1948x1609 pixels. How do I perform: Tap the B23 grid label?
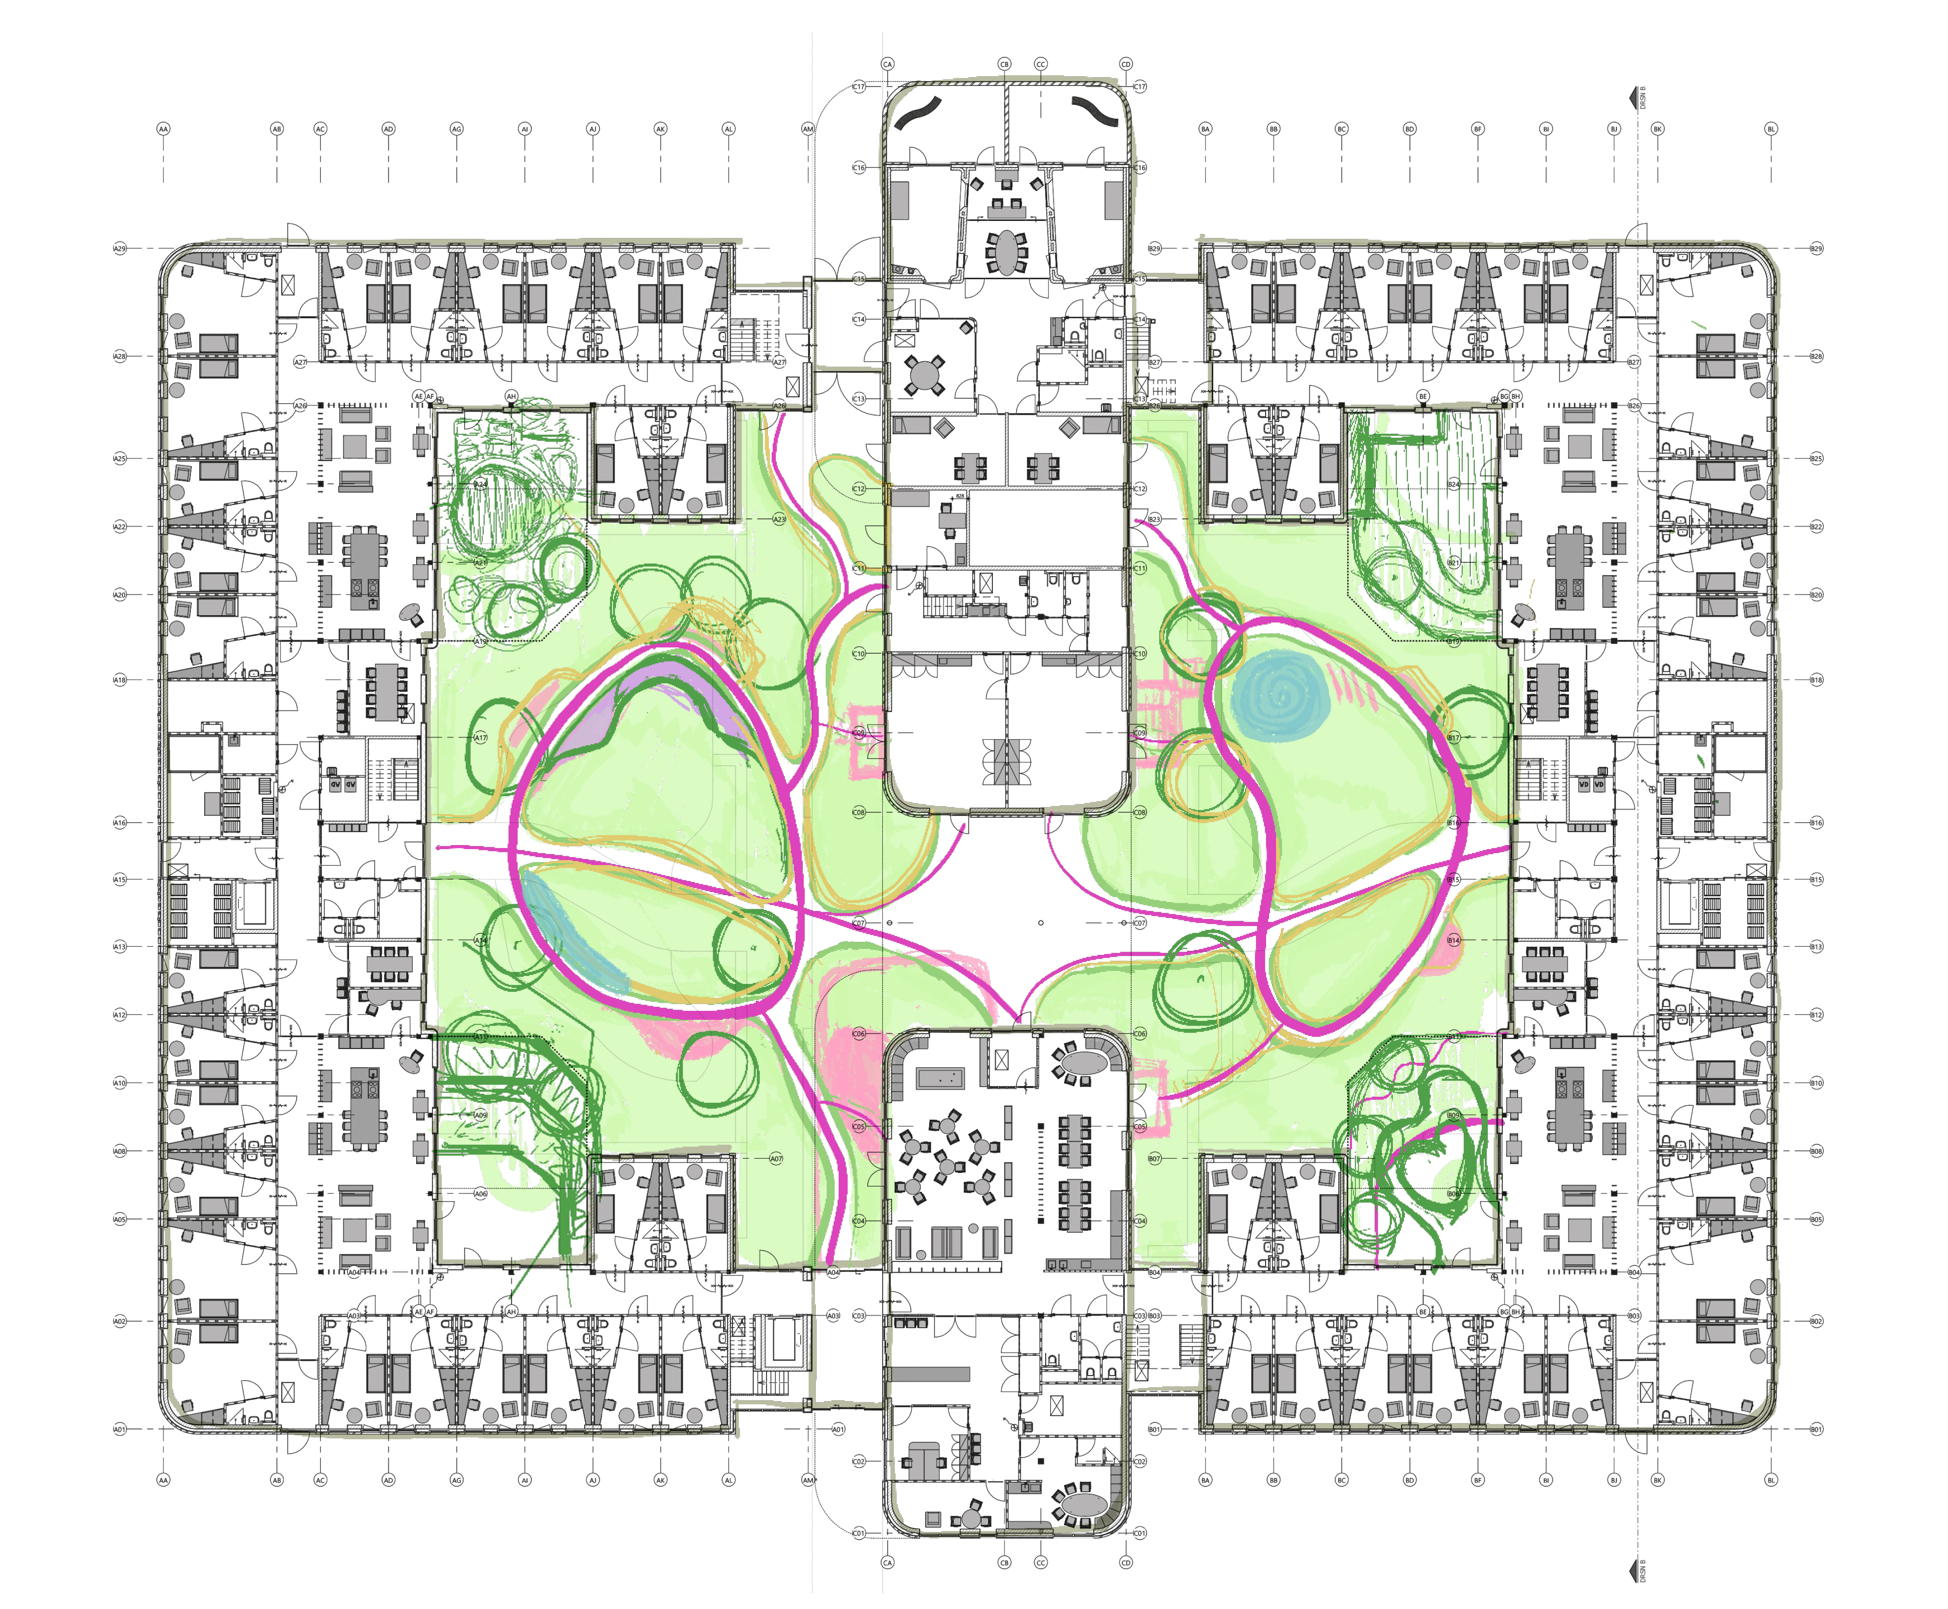click(x=1154, y=519)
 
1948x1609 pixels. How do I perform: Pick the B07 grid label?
click(x=1154, y=1159)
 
